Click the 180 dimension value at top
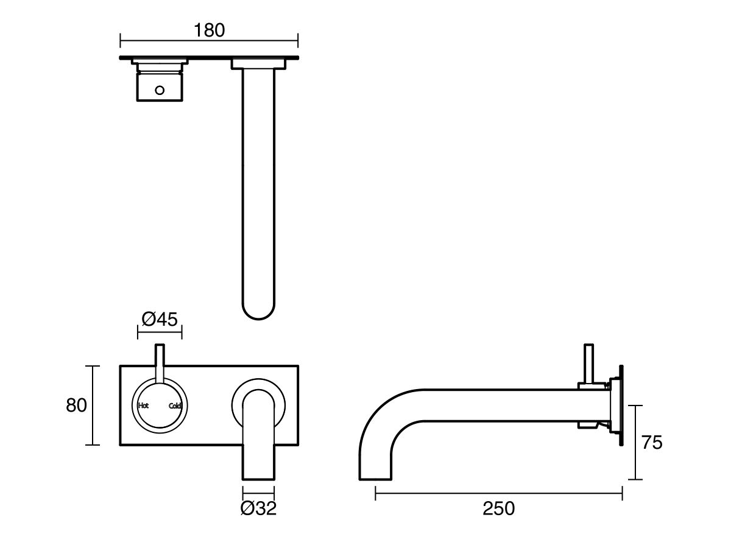(x=209, y=30)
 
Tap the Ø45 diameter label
(x=160, y=318)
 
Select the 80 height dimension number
(x=77, y=406)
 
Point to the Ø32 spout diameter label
(x=258, y=508)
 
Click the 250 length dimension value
(x=498, y=508)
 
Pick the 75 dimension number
(x=652, y=443)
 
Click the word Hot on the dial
(x=144, y=406)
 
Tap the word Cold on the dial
(x=175, y=406)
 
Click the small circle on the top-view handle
(x=160, y=91)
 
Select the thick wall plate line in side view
(x=621, y=407)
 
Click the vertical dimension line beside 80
(x=92, y=406)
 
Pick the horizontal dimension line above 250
(x=498, y=493)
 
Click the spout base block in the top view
(x=258, y=63)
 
